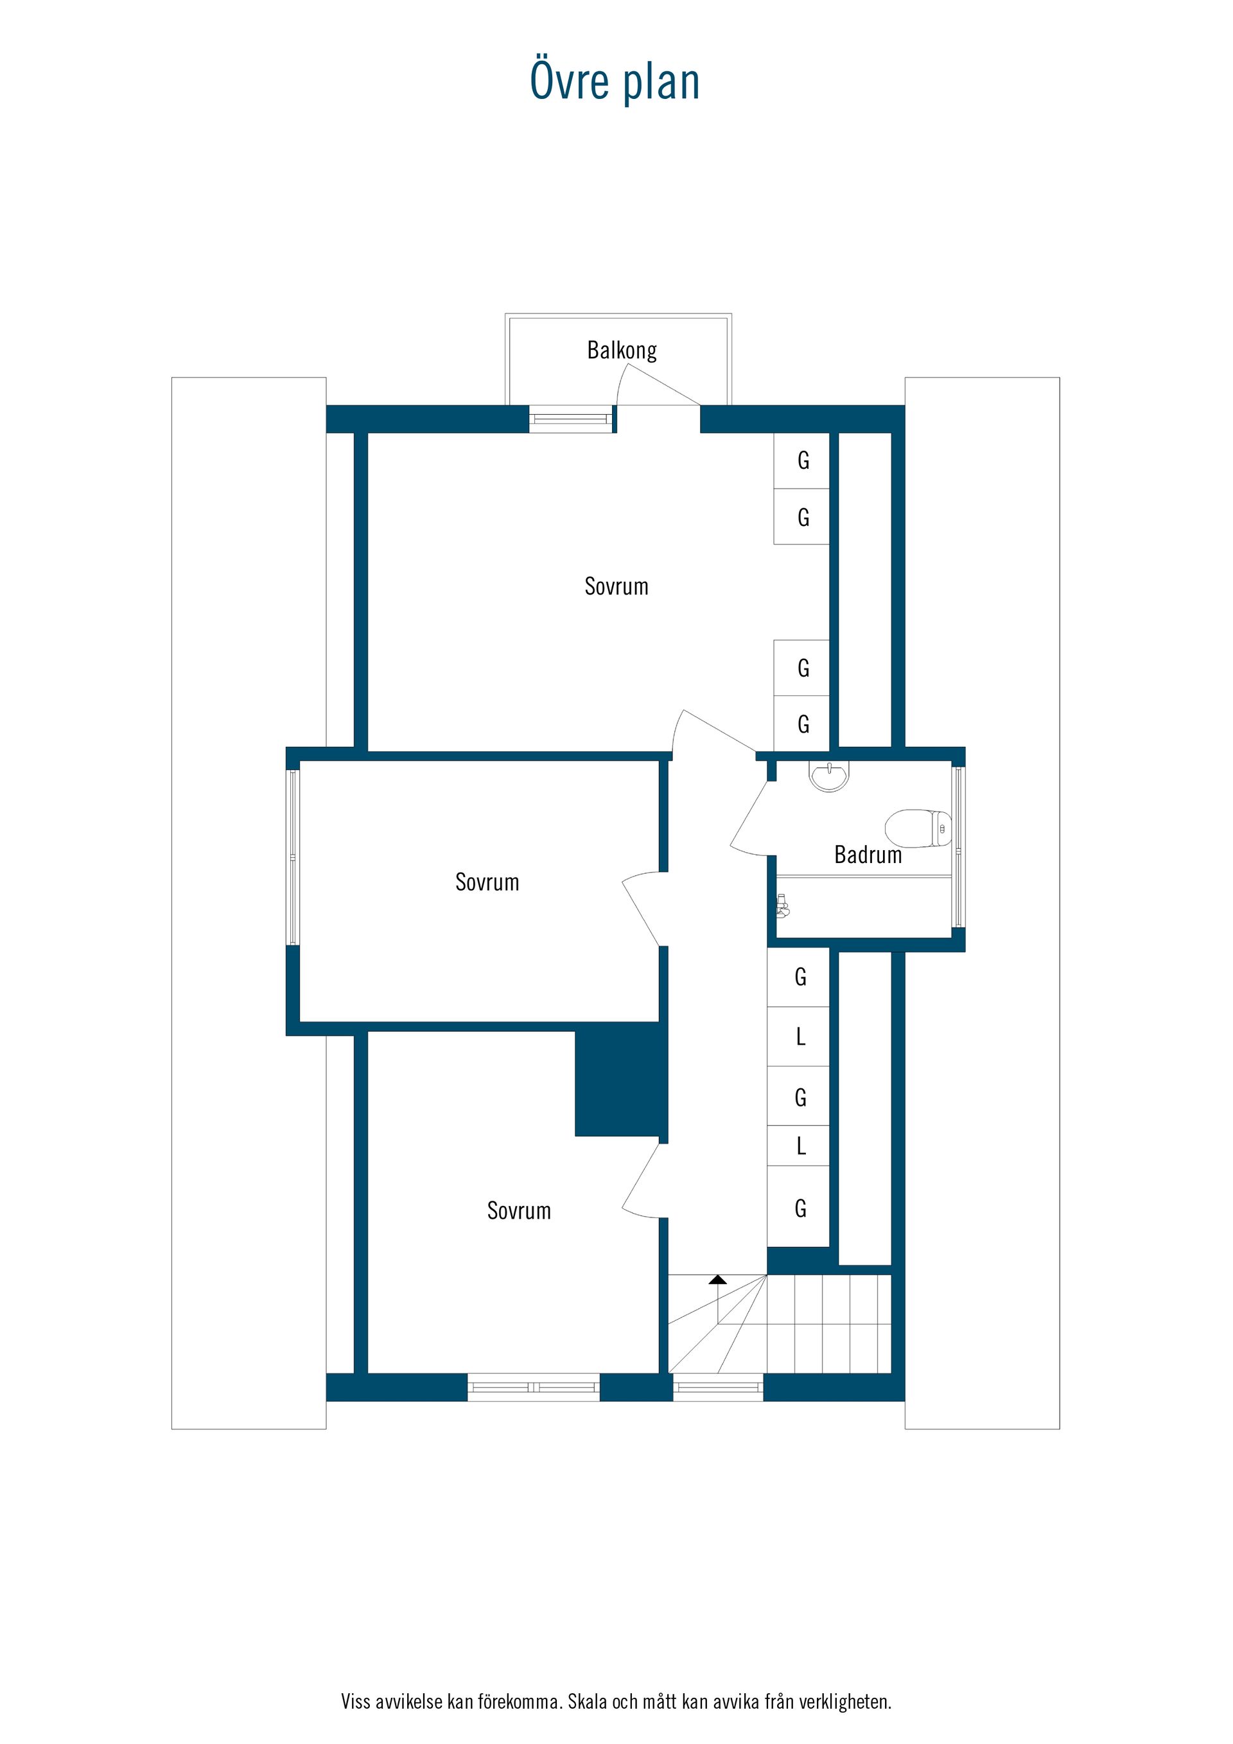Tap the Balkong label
pyautogui.click(x=622, y=350)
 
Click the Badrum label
pyautogui.click(x=868, y=855)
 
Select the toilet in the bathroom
pyautogui.click(x=918, y=828)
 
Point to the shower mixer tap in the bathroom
pyautogui.click(x=782, y=905)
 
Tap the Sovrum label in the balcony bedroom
pyautogui.click(x=616, y=586)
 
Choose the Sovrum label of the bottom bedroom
pyautogui.click(x=519, y=1211)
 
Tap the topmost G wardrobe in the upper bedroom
pyautogui.click(x=801, y=460)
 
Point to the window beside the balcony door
pyautogui.click(x=570, y=419)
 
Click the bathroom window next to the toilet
pyautogui.click(x=958, y=848)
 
